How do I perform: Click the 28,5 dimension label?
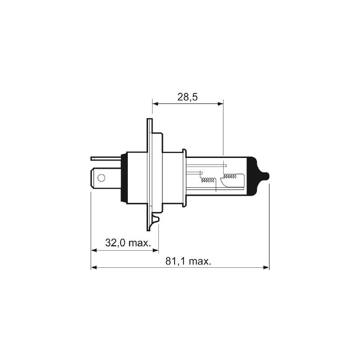click(187, 97)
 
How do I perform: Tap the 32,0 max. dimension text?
click(128, 243)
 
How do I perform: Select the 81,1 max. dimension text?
click(188, 261)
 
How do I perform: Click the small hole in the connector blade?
click(101, 178)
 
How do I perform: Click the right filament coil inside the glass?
click(230, 176)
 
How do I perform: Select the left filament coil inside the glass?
click(207, 180)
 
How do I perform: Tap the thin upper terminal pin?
click(106, 158)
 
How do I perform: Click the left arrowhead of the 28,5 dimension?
click(155, 104)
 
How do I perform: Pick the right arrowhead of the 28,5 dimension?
click(220, 104)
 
